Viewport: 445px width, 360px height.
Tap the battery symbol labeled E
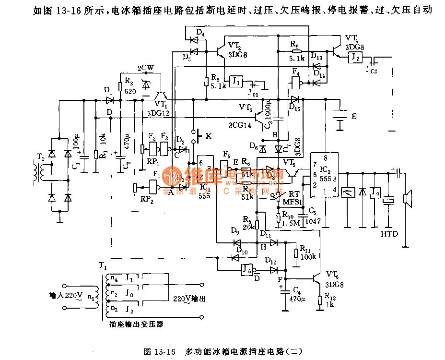point(340,118)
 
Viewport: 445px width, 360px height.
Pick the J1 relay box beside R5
point(236,81)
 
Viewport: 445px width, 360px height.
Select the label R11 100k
point(307,252)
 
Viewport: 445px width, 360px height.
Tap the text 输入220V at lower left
point(65,295)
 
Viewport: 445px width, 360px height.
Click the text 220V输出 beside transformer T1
point(189,299)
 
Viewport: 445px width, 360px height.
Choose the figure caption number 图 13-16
point(160,351)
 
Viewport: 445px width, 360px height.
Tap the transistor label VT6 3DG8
point(335,279)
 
